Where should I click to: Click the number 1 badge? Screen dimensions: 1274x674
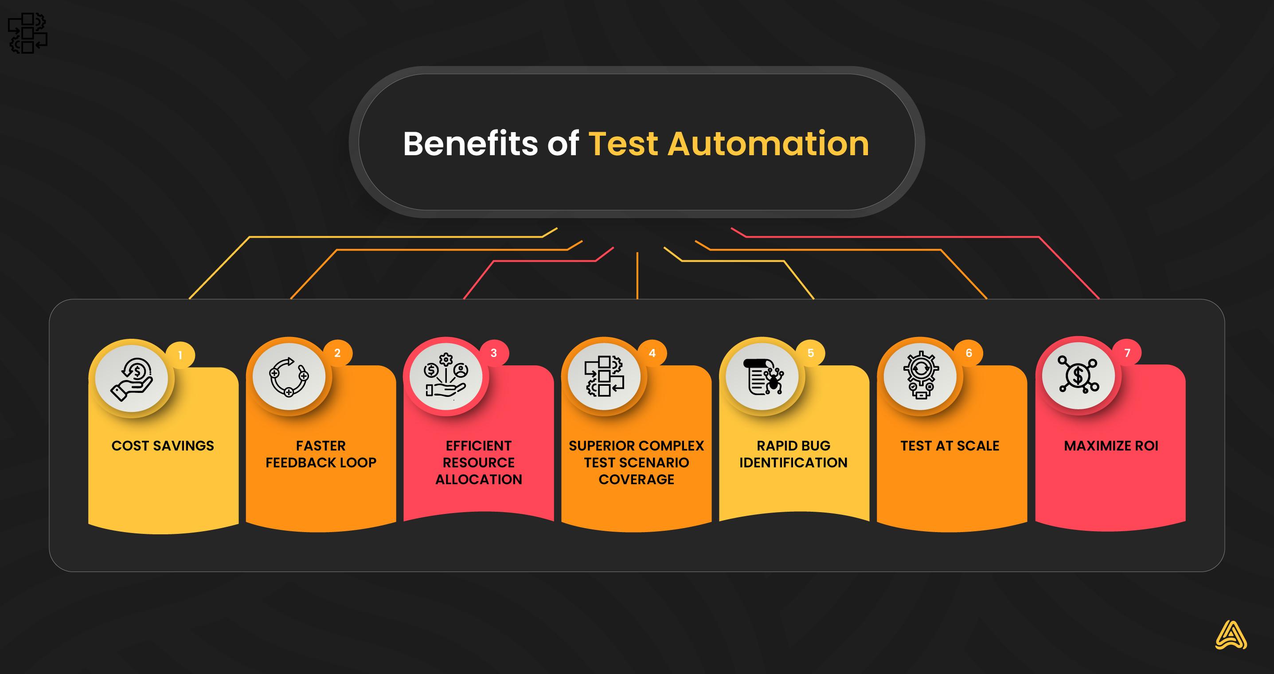(180, 355)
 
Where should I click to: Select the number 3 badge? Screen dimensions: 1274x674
(493, 353)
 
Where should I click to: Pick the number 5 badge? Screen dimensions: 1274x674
(811, 353)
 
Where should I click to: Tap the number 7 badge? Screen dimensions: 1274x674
(1128, 353)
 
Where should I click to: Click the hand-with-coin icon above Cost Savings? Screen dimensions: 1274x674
(132, 379)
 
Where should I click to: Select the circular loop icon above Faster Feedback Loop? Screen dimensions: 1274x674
(289, 376)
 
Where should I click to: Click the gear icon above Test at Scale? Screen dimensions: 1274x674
(921, 376)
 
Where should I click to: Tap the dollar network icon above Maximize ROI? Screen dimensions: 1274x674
(1078, 375)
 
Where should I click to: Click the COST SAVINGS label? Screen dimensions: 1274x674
(163, 446)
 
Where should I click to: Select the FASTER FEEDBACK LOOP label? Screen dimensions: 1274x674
(321, 454)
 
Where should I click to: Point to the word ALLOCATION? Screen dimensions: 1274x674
(479, 479)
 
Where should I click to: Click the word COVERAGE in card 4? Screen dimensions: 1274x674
(637, 479)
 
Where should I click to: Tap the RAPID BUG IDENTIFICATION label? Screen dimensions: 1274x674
(793, 454)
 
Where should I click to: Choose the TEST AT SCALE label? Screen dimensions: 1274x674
(950, 446)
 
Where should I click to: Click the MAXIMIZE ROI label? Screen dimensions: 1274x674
(1111, 446)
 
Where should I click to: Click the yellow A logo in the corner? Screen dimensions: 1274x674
(1231, 635)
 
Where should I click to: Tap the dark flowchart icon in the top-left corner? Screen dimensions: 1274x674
(27, 33)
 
